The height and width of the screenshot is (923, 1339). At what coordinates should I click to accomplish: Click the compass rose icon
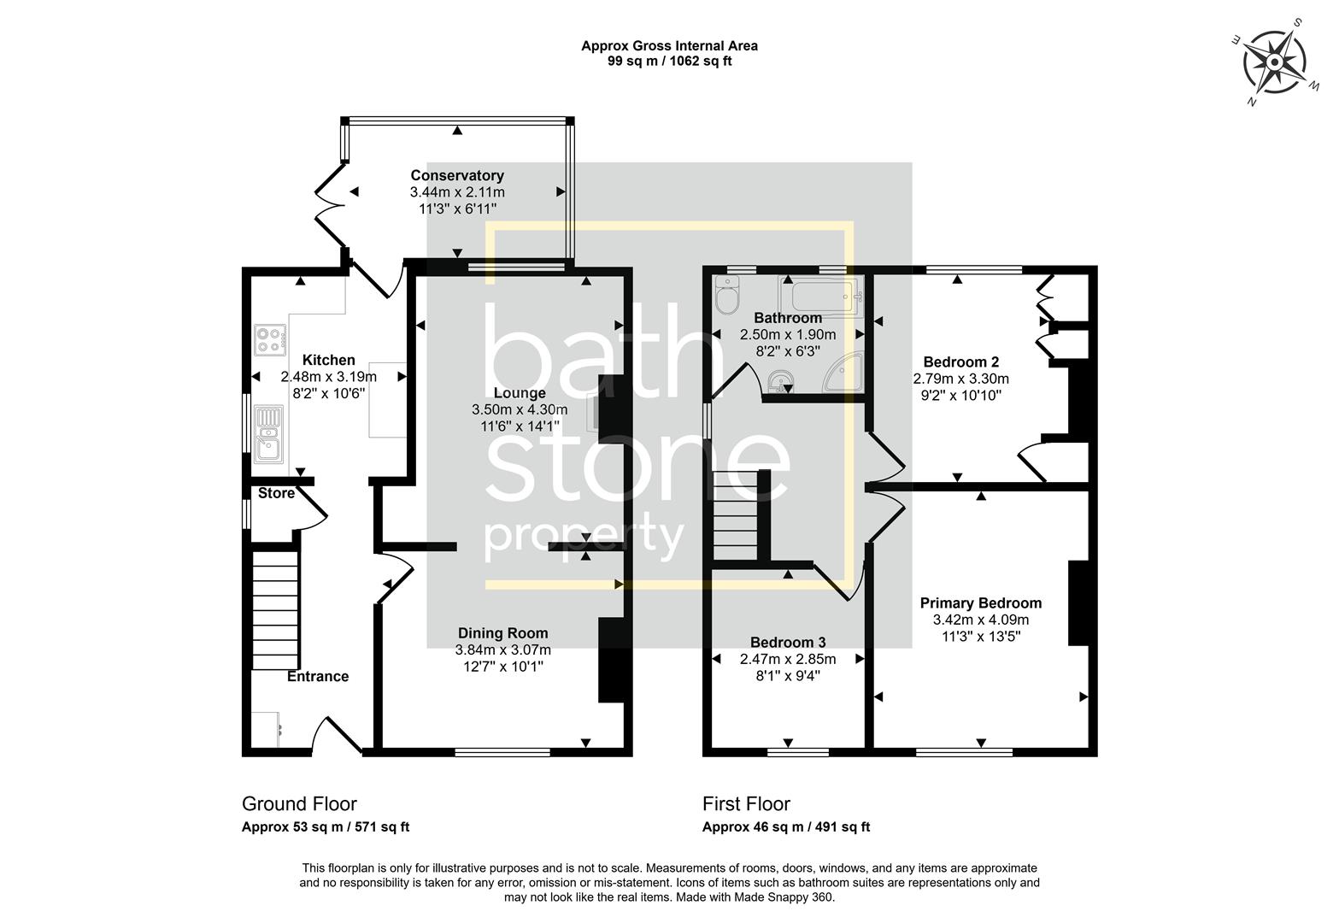point(1274,62)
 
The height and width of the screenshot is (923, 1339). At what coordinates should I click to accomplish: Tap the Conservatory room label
point(457,176)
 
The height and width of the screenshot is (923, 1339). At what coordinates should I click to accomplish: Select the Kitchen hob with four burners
point(269,338)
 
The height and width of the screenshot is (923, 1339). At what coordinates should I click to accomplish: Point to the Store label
point(276,493)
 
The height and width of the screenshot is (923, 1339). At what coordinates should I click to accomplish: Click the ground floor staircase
point(275,610)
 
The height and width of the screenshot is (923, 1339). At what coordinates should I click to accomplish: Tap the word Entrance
point(317,676)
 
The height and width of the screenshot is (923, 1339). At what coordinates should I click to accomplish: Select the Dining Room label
point(502,633)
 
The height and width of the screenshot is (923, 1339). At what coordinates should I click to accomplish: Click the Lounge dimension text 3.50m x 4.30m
point(519,409)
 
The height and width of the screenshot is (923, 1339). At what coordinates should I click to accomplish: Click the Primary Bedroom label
point(980,603)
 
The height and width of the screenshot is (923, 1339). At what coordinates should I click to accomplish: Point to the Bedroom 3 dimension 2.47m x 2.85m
point(787,659)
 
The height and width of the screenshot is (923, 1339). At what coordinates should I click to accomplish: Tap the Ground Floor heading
point(299,803)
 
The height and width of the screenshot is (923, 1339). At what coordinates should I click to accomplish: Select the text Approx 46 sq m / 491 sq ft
point(785,826)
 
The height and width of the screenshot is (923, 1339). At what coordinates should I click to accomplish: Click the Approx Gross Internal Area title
point(669,46)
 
